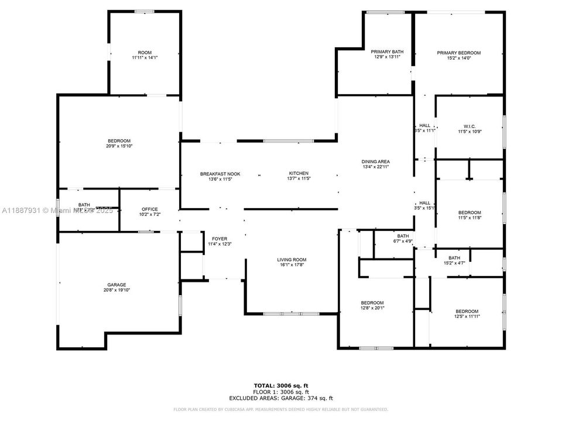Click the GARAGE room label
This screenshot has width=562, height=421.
click(116, 285)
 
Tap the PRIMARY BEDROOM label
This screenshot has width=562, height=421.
click(458, 53)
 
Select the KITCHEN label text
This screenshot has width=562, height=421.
click(298, 174)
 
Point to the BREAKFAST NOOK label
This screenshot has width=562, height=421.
click(220, 174)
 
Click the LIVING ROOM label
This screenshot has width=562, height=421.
click(292, 260)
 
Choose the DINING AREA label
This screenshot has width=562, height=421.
click(375, 162)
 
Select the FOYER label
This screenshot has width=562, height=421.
click(220, 239)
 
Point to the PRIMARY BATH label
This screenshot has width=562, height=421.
click(388, 53)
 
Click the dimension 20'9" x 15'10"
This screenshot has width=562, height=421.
click(119, 146)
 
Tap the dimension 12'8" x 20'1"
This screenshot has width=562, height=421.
click(372, 308)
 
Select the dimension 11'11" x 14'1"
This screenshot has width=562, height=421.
click(145, 58)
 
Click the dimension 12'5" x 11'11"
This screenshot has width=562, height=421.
click(467, 316)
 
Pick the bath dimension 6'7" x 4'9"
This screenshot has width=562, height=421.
click(402, 241)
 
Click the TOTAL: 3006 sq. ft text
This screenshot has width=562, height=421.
click(280, 386)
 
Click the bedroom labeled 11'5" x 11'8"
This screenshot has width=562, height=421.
click(469, 215)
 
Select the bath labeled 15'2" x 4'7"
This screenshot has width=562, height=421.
click(454, 261)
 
